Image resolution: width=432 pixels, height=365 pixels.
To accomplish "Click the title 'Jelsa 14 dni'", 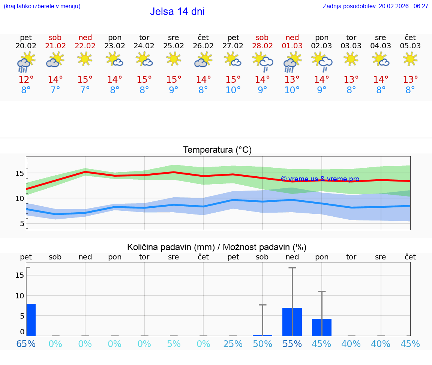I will tap(177, 12).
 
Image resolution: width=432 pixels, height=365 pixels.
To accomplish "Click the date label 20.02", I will tap(26, 46).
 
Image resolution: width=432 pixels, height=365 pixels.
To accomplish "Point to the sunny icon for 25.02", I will tap(174, 59).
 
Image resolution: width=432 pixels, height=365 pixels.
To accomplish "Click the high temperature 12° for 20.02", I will tap(26, 79).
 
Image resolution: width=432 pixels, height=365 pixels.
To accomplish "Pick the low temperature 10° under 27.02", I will tap(233, 90).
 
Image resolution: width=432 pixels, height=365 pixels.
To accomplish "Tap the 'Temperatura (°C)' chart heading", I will tap(217, 150).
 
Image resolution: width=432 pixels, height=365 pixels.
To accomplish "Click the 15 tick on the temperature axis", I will tap(19, 173).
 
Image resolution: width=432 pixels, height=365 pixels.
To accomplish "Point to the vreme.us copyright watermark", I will tap(320, 179).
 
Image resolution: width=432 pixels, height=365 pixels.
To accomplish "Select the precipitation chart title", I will tap(217, 247).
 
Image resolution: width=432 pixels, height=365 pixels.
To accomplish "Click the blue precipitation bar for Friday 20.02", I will tap(31, 320).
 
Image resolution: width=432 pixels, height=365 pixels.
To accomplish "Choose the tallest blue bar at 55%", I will tap(292, 322).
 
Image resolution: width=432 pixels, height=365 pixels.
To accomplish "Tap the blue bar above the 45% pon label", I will tap(322, 327).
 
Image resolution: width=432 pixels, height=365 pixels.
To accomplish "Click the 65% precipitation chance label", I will tap(26, 344).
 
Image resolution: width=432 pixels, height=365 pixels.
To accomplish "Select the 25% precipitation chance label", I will tap(233, 344).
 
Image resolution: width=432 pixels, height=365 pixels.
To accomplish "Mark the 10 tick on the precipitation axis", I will tap(19, 295).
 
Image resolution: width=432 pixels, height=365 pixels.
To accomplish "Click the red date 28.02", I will tap(262, 46).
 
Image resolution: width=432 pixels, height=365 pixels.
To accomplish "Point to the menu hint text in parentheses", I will tap(42, 6).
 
